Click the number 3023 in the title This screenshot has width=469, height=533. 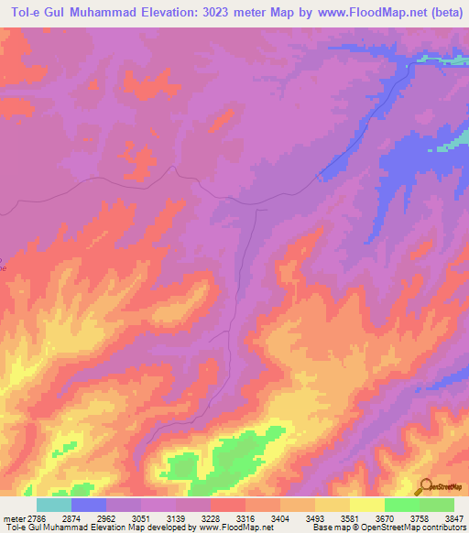(x=202, y=13)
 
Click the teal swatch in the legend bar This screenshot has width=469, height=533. (x=54, y=505)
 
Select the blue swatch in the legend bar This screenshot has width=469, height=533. (x=89, y=505)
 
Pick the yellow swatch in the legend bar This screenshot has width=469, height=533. (x=367, y=505)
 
